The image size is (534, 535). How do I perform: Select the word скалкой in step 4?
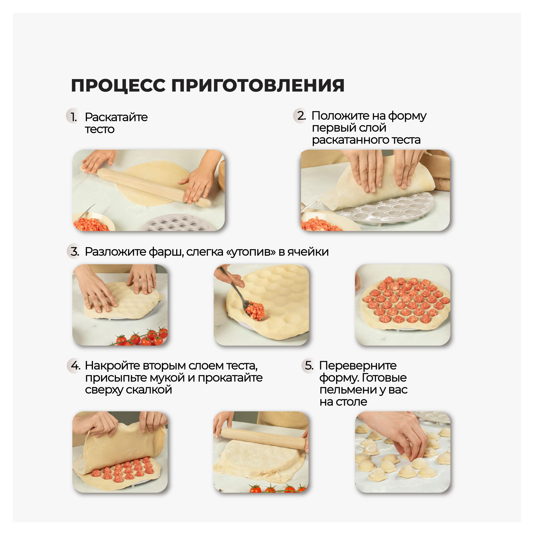(x=149, y=390)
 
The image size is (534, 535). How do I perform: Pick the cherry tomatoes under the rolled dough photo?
(x=277, y=489)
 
